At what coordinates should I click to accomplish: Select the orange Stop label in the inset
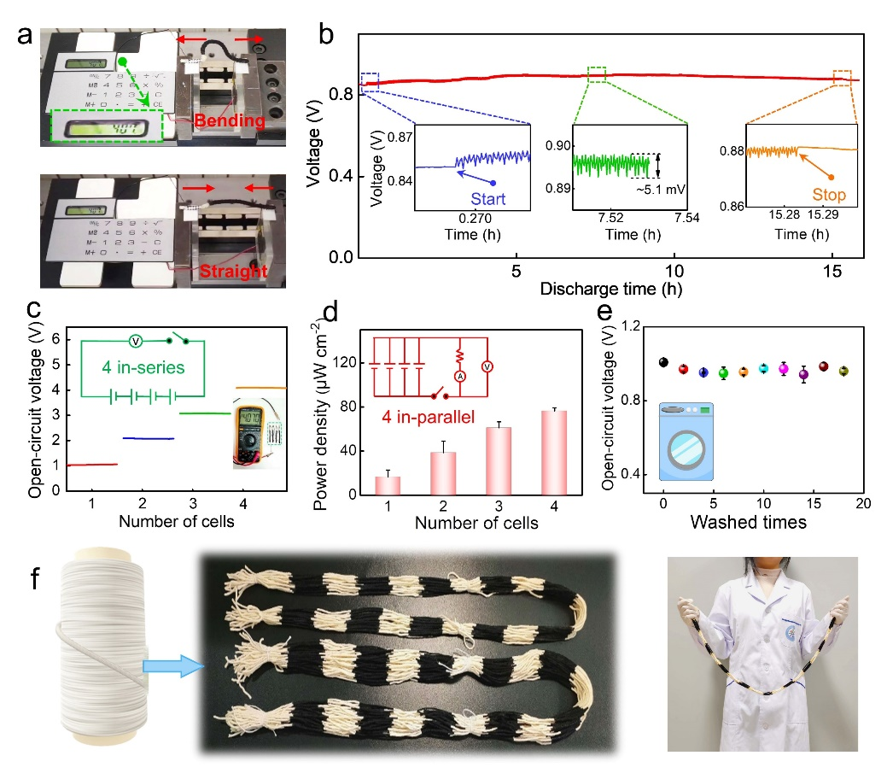click(x=826, y=196)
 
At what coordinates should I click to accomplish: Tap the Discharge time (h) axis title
click(x=610, y=289)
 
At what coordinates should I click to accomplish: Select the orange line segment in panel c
click(x=260, y=388)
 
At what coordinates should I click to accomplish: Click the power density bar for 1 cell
click(x=388, y=485)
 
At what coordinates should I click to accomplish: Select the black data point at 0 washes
click(x=663, y=362)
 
